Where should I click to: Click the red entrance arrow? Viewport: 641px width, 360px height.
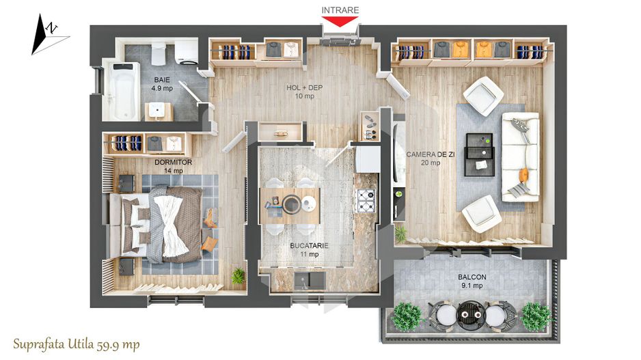(x=340, y=21)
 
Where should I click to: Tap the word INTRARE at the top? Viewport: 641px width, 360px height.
(x=340, y=9)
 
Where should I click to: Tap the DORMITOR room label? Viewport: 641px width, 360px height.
(x=173, y=163)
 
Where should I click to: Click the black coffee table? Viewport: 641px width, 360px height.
(x=479, y=154)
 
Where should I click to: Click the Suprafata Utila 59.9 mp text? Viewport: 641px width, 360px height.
(x=76, y=344)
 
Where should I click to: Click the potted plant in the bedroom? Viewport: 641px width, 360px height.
(x=238, y=275)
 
